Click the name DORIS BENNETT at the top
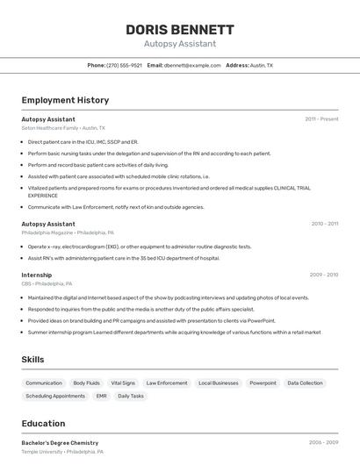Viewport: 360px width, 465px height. [x=179, y=29]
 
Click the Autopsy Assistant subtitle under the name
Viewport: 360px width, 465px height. [x=179, y=43]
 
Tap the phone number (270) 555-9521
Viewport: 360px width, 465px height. [x=124, y=65]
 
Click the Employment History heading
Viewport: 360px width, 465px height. [x=65, y=100]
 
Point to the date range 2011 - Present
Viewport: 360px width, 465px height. [x=321, y=118]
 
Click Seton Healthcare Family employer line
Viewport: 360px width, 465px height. [x=63, y=128]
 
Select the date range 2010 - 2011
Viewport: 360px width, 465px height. [x=324, y=224]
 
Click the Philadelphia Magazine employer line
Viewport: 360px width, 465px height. [x=68, y=233]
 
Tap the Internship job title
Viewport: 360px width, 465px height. [x=37, y=275]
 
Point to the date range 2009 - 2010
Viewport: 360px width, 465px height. [x=324, y=275]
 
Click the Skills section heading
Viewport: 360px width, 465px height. [x=32, y=359]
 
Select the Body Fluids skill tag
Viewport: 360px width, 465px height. [x=86, y=383]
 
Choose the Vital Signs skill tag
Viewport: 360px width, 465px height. [x=123, y=383]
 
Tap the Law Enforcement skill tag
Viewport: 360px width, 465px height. [x=167, y=383]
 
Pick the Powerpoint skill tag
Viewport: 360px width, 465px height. [x=263, y=383]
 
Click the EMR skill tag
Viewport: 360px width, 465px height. [x=102, y=396]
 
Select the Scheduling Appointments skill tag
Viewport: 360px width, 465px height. [x=55, y=396]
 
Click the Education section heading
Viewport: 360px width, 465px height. [x=43, y=424]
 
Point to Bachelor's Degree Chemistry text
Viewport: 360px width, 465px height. [x=60, y=443]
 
